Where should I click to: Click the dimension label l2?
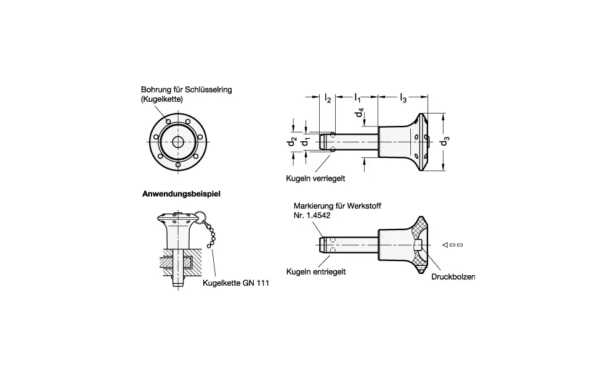(x=328, y=98)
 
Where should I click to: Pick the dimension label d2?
(x=291, y=142)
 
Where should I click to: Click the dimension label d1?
(x=304, y=142)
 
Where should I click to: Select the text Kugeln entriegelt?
(x=315, y=271)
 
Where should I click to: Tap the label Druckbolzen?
(x=453, y=277)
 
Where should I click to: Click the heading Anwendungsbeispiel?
(x=182, y=193)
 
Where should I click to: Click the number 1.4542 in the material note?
(x=319, y=216)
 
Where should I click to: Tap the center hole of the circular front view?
(x=178, y=142)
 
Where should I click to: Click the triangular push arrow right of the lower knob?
(x=444, y=246)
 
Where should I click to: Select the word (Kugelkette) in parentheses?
(x=162, y=99)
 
